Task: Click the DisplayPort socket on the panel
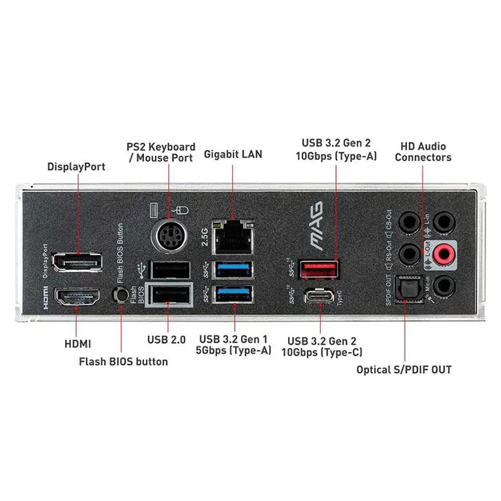(x=77, y=263)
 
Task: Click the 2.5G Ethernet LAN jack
(x=232, y=237)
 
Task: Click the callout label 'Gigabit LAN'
(x=233, y=154)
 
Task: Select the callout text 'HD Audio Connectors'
(x=423, y=152)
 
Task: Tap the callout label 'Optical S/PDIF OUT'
(x=404, y=369)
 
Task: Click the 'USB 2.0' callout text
(x=166, y=340)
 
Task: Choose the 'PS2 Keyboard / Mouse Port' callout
(x=161, y=152)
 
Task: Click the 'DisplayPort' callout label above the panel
(x=76, y=167)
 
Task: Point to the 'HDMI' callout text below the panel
(x=77, y=343)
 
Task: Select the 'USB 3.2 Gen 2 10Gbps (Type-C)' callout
(x=321, y=346)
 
